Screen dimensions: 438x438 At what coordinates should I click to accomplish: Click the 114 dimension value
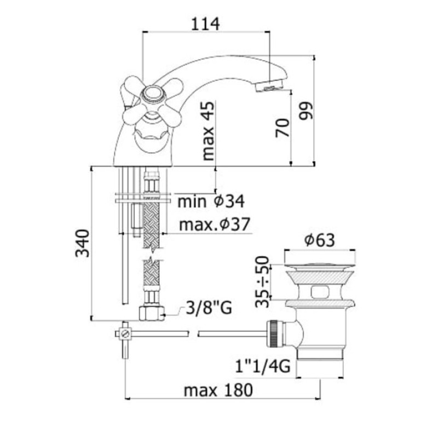[205, 24]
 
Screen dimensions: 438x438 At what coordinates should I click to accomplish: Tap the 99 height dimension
[306, 111]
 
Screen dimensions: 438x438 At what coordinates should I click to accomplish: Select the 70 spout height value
[282, 128]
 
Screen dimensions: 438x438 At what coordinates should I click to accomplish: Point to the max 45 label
[208, 131]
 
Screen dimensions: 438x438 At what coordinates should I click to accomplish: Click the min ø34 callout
[211, 201]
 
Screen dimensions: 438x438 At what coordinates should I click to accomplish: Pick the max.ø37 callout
[215, 224]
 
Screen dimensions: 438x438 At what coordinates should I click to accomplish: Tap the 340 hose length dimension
[83, 243]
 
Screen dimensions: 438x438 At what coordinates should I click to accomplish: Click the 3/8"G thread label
[209, 308]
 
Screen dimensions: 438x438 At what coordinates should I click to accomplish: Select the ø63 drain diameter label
[319, 240]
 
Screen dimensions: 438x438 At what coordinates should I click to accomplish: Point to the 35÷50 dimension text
[262, 281]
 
